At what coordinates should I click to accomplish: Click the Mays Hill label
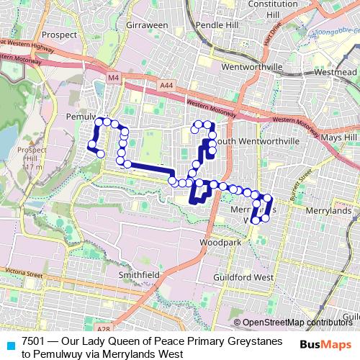coord(339,137)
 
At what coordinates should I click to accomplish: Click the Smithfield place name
coord(139,275)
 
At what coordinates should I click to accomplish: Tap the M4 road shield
coord(114,77)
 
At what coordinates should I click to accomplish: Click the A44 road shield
coord(166,85)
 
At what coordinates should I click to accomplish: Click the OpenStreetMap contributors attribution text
coord(297,323)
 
